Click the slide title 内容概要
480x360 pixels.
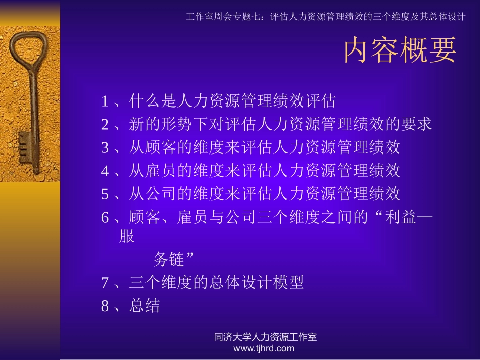400,51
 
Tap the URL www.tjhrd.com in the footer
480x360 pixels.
264,348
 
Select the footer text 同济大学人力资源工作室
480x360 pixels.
265,337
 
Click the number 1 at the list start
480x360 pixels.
105,101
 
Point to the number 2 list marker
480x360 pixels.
105,124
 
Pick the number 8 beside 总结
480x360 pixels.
105,306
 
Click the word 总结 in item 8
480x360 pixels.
145,306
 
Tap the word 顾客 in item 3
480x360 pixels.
161,147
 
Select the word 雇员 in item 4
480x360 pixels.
161,171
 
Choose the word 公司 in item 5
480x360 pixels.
161,193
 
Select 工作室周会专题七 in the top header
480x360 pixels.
223,16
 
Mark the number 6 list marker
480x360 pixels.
105,217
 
